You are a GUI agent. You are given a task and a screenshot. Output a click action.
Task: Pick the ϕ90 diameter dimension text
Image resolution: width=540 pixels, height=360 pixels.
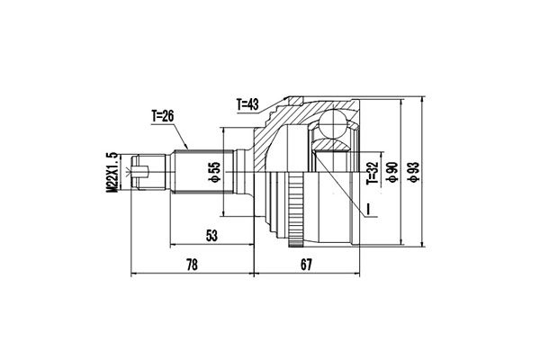coord(391,172)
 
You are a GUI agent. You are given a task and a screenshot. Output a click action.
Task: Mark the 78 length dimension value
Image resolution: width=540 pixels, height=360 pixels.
coord(193,265)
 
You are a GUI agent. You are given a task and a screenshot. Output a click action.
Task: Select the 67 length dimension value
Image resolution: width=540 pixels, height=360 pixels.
coord(306,265)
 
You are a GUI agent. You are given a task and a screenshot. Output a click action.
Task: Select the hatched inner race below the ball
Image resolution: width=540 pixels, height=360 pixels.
coord(333,143)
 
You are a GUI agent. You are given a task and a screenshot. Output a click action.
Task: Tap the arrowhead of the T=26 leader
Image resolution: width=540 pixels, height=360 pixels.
coord(186,147)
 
